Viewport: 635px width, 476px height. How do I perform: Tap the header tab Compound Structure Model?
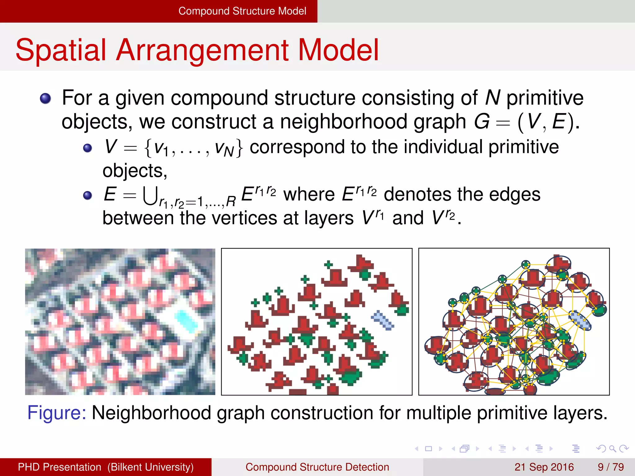click(x=242, y=11)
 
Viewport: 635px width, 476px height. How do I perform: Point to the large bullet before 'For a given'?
click(x=46, y=99)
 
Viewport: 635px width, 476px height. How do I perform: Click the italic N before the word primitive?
click(x=492, y=98)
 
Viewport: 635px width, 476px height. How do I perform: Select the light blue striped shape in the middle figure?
click(x=382, y=320)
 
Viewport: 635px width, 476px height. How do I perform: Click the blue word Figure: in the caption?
click(x=57, y=413)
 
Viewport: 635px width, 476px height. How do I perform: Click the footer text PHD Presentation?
click(x=59, y=467)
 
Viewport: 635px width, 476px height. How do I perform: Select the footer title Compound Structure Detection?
click(x=317, y=467)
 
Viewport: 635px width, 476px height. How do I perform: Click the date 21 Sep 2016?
click(x=544, y=467)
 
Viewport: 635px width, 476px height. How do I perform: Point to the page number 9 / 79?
click(x=611, y=467)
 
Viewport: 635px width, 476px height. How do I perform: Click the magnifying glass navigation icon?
click(x=612, y=448)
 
